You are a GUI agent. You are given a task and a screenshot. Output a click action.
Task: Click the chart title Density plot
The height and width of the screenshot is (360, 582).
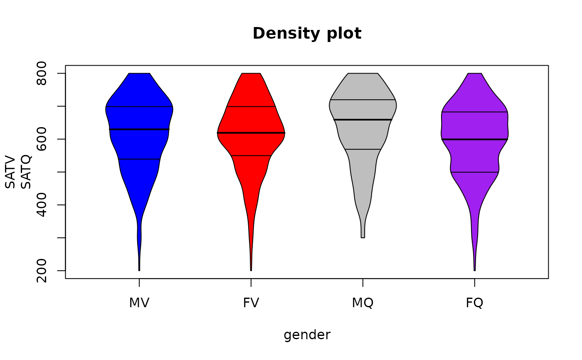point(307,34)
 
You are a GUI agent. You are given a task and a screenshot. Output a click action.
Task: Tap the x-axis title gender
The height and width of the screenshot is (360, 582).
point(307,335)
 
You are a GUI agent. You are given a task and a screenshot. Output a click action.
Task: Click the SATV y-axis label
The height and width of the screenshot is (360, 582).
point(10,172)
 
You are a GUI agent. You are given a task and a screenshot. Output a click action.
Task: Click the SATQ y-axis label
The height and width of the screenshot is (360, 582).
point(26,172)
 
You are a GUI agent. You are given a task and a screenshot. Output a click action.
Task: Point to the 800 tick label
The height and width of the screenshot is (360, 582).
point(42,74)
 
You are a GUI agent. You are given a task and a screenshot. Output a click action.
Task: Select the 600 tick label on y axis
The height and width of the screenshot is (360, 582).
point(42,139)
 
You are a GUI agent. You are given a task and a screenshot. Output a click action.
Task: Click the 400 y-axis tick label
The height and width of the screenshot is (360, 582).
point(42,205)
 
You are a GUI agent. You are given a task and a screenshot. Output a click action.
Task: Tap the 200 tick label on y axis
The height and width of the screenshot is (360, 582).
point(42,271)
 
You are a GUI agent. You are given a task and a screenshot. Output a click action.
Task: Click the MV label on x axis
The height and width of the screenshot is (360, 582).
point(139,303)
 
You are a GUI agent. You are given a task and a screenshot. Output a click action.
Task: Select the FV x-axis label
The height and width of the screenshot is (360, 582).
point(251,303)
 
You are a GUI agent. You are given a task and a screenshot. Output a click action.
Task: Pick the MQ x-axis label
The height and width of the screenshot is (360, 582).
point(363,303)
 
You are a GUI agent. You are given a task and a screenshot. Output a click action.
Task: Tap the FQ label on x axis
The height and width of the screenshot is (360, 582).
point(474,303)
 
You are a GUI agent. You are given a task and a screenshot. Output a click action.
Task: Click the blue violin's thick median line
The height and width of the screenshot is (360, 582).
point(139,130)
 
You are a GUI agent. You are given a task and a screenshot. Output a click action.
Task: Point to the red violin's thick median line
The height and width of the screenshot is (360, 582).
point(251,133)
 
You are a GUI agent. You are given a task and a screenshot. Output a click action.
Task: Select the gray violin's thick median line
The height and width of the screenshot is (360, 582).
point(363,120)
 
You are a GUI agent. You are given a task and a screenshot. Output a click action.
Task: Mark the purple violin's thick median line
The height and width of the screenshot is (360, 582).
point(474,139)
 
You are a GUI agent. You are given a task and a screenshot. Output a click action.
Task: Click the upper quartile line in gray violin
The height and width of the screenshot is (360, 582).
point(363,100)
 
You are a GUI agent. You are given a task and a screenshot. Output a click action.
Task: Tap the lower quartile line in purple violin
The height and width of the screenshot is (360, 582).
point(474,172)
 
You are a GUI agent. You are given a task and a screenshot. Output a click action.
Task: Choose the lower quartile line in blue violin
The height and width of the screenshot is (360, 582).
point(139,159)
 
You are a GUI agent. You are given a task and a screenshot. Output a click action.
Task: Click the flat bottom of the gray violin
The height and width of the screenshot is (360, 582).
point(363,237)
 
